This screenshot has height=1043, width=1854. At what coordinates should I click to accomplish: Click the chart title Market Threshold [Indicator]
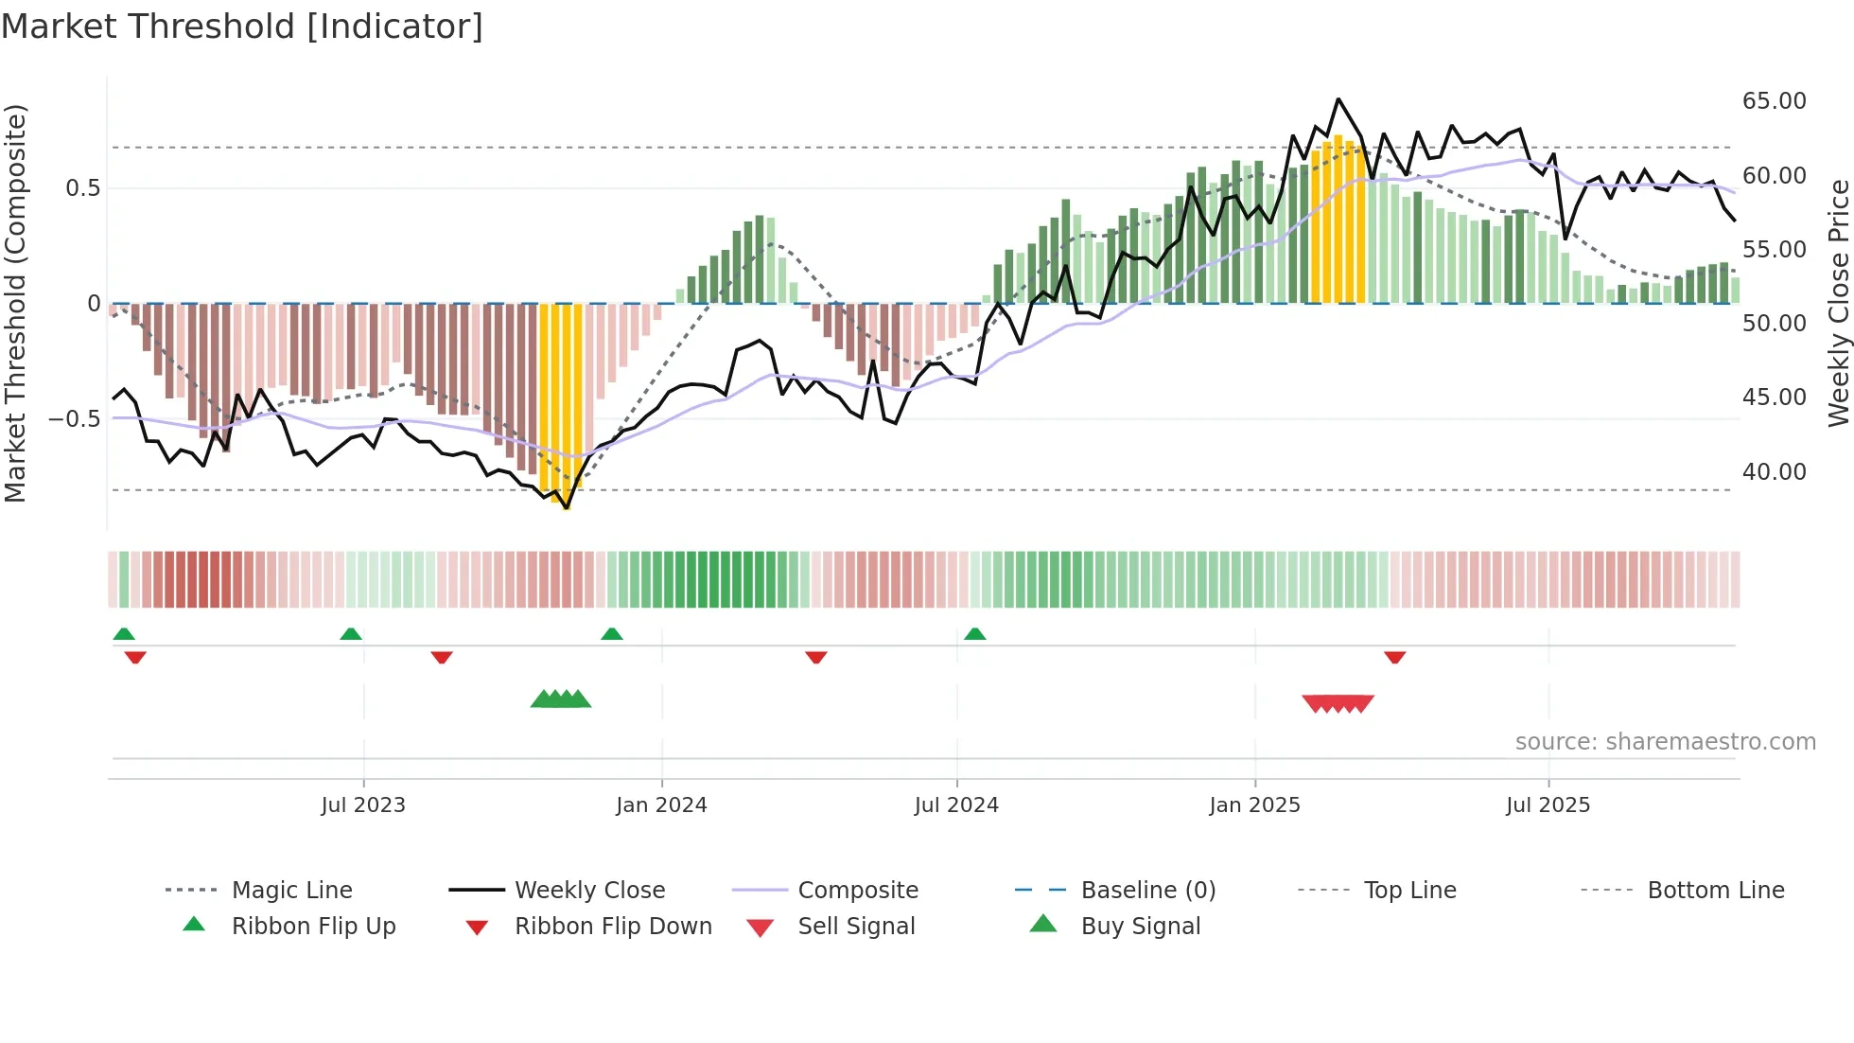coord(242,27)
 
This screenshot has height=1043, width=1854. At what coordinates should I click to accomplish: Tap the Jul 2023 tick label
coord(363,805)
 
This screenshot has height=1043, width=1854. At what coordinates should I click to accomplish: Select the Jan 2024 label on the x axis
coord(661,805)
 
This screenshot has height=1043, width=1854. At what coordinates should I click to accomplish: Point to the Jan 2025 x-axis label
coord(1254,805)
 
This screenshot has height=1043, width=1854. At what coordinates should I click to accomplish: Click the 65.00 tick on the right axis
coord(1774,101)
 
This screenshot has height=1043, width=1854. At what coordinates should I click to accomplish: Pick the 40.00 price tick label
coord(1774,471)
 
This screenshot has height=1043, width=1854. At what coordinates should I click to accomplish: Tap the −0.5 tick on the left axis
coord(75,419)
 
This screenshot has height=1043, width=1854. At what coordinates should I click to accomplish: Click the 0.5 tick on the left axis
coord(83,188)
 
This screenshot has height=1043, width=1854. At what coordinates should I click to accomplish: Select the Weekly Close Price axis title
coord(1838,303)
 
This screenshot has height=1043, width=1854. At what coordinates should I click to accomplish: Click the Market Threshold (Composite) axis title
coord(15,303)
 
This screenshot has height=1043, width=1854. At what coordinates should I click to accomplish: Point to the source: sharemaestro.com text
coord(1665,742)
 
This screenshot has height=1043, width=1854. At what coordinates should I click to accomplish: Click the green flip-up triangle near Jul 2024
coord(975,633)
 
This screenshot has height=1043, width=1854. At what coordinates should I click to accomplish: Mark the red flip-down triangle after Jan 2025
coord(1394,657)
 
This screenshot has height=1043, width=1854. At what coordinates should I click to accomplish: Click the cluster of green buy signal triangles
coord(561,699)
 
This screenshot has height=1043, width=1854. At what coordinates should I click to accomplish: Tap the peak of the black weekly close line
coord(1338,99)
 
